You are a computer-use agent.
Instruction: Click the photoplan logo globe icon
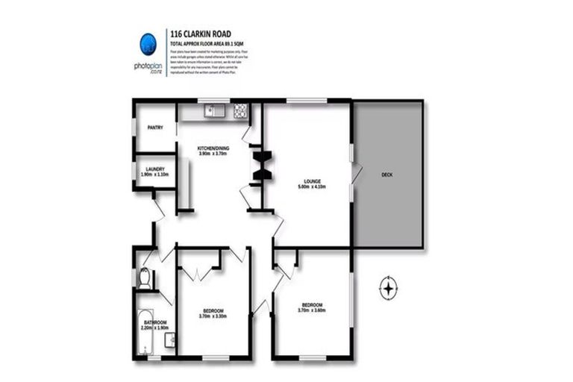click(x=146, y=43)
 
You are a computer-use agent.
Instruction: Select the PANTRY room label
click(x=155, y=128)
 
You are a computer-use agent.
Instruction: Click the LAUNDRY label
click(x=155, y=169)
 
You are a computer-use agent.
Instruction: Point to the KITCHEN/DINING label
click(x=213, y=148)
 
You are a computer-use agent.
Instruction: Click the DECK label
click(x=386, y=175)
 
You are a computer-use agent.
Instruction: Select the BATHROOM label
click(x=155, y=322)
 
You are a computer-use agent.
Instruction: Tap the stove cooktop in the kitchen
click(x=241, y=112)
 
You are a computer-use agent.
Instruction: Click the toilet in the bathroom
click(x=144, y=278)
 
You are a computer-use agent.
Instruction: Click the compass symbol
click(x=388, y=287)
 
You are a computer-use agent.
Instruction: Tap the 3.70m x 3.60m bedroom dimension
click(x=312, y=310)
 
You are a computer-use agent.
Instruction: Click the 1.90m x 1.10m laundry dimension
click(x=155, y=175)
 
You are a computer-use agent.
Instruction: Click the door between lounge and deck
click(x=356, y=173)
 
